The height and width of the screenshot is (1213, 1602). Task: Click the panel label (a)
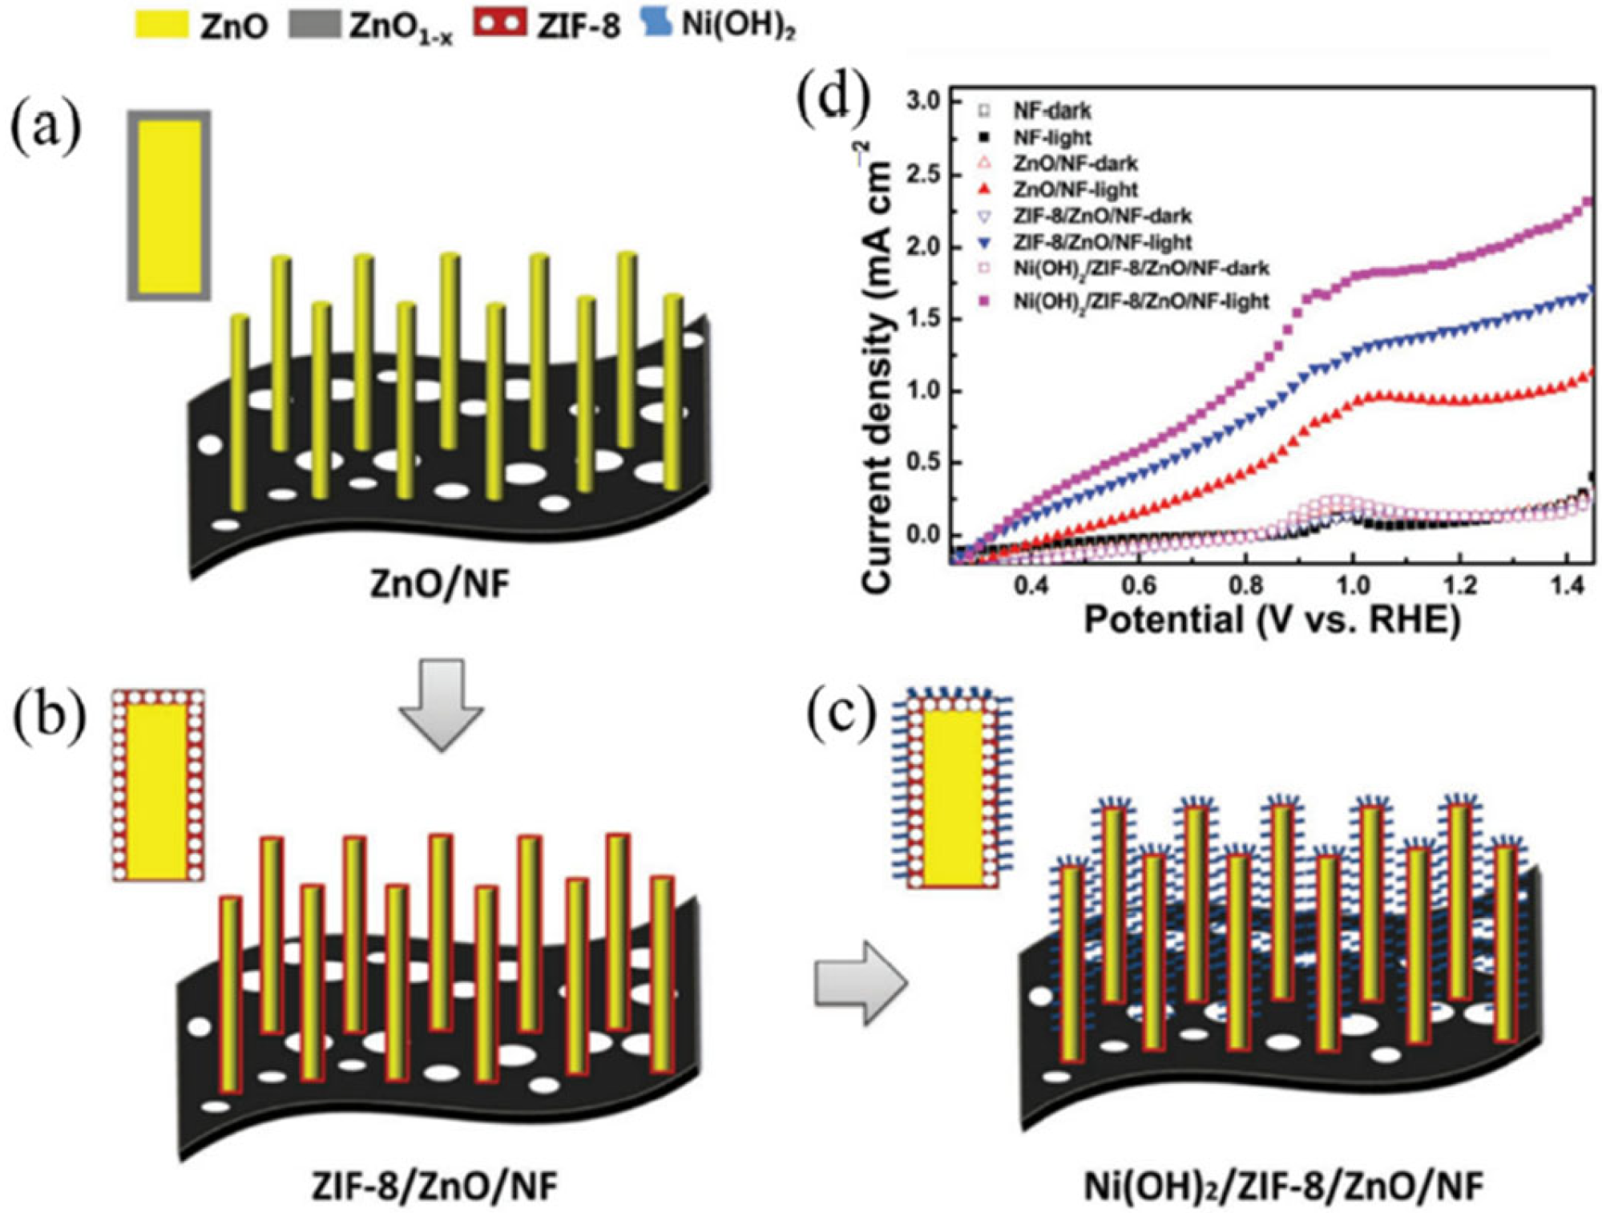[x=45, y=128]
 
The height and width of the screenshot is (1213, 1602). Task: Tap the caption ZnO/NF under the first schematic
[x=439, y=583]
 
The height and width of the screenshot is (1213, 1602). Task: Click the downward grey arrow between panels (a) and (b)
[x=441, y=703]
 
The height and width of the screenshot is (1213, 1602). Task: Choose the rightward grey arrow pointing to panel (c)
[x=860, y=983]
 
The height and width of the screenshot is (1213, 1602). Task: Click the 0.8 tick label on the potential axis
[x=1246, y=586]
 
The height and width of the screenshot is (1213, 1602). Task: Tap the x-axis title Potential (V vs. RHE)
[x=1272, y=621]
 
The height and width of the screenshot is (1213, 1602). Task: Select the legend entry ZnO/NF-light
[x=1075, y=189]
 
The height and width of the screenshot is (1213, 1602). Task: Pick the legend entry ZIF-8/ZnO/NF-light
[x=1102, y=241]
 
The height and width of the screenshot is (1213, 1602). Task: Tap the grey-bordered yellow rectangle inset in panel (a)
[x=169, y=206]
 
